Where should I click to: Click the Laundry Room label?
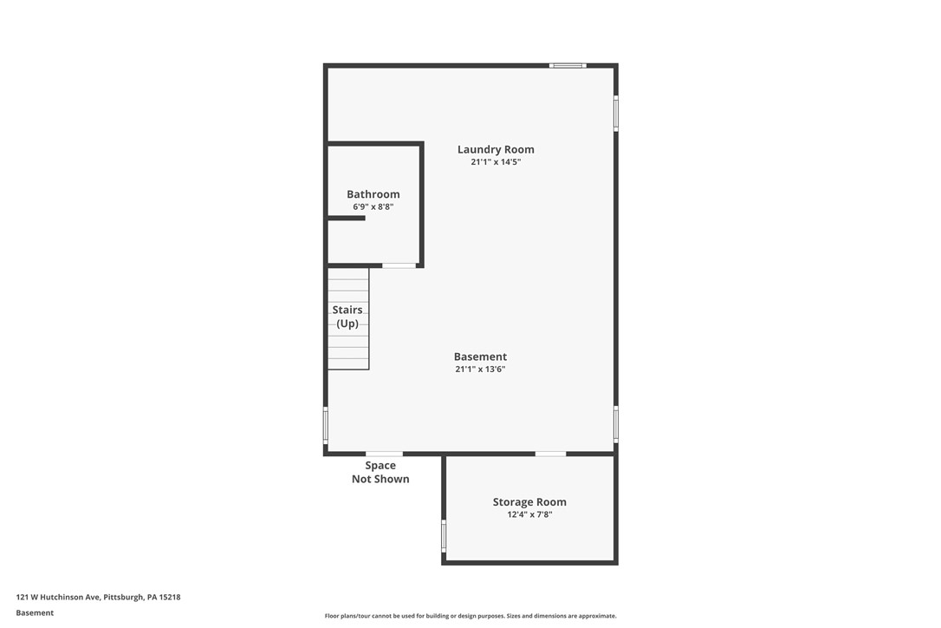(496, 149)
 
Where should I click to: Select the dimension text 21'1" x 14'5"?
(496, 162)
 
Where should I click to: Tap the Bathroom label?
(373, 194)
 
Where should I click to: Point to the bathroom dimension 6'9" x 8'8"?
(373, 207)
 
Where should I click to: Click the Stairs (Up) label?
(347, 317)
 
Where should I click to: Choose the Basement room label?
(480, 357)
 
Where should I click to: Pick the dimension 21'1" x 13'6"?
(480, 370)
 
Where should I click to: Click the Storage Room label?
(529, 502)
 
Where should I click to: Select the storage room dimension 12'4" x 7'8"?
(529, 514)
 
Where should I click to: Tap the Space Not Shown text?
(380, 473)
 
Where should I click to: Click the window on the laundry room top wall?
(568, 66)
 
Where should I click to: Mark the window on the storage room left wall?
(444, 535)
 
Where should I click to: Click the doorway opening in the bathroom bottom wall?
(399, 265)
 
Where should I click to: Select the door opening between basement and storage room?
(550, 454)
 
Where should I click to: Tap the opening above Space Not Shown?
(384, 454)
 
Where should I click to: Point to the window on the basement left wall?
(326, 425)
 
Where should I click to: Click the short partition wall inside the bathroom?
(346, 219)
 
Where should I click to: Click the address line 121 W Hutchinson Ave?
(98, 597)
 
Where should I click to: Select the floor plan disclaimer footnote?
(470, 616)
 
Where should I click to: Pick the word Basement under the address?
(35, 612)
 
